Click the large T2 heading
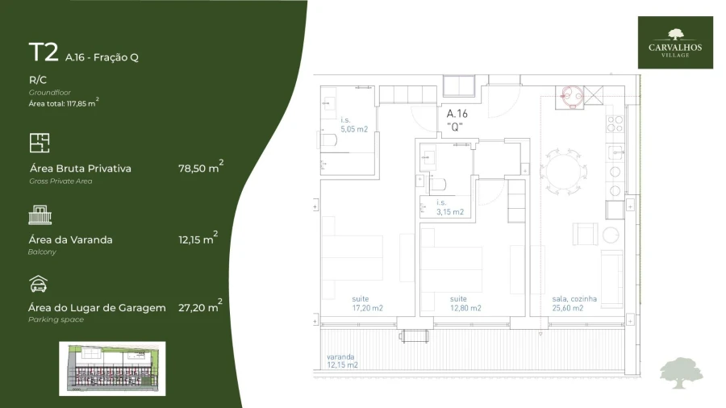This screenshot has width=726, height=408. pos(44,52)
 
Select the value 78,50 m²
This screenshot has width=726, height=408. pos(200,168)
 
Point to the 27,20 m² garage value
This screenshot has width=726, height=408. pos(200,307)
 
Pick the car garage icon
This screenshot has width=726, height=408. pos(39,284)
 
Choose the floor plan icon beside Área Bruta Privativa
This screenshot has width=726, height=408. pos(40,144)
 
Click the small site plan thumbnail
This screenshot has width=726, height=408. pos(112,368)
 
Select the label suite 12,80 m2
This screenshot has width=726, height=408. pos(465,303)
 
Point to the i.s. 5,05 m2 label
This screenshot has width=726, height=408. pos(353,125)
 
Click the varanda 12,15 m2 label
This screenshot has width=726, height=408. pos(342,360)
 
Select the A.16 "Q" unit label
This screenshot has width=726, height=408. pos(457,119)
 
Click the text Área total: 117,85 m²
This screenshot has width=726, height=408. pos(64,102)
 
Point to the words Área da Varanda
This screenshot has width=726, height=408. pos(70,239)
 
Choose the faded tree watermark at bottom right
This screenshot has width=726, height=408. pos(681,372)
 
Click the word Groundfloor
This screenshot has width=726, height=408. pos(49,92)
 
